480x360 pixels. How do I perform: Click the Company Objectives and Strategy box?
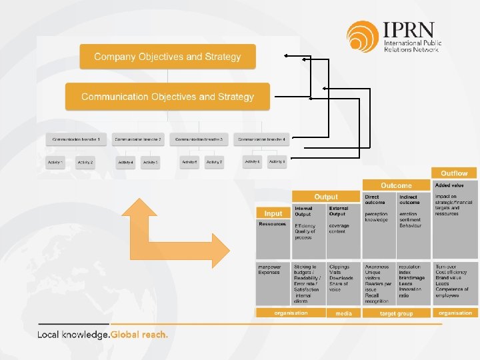(167, 57)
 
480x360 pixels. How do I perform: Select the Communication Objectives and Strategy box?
(167, 97)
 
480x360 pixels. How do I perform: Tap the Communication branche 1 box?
(76, 139)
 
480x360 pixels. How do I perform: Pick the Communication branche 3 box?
(199, 139)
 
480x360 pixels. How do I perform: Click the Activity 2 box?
(85, 162)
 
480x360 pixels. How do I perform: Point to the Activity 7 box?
(214, 162)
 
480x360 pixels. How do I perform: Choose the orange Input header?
(273, 213)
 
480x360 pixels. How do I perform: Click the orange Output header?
(326, 197)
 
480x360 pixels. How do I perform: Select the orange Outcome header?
(396, 185)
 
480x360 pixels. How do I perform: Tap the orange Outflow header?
(454, 173)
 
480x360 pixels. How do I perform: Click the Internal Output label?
(303, 211)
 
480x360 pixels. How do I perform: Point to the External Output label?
(338, 211)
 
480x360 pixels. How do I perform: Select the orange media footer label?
(343, 313)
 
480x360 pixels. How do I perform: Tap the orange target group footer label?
(396, 313)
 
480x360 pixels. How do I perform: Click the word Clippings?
(339, 267)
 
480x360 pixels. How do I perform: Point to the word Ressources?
(273, 224)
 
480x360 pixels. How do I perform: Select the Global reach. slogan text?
(139, 335)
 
